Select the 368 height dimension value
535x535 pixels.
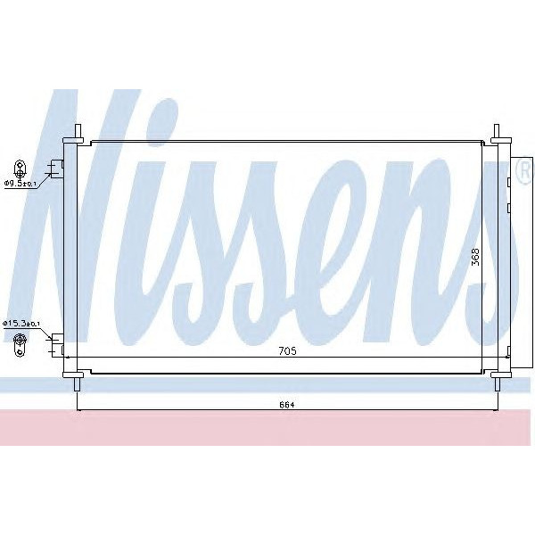coord(476,257)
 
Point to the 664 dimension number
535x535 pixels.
coord(287,405)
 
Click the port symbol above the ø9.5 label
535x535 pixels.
coord(20,168)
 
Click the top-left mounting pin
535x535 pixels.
coord(78,131)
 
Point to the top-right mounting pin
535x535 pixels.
coord(498,131)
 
